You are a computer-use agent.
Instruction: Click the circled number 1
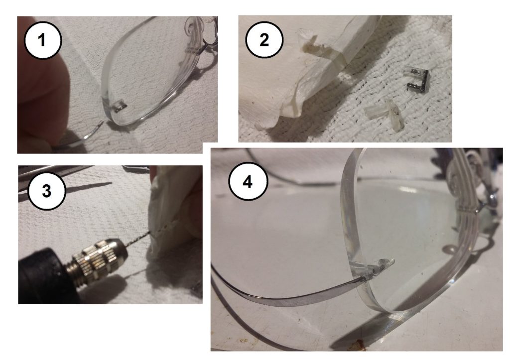click(42, 40)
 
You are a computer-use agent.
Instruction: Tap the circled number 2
click(264, 40)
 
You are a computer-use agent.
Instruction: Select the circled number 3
click(46, 191)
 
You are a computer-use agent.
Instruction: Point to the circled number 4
click(248, 182)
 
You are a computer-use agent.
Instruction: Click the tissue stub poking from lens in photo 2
click(314, 45)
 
